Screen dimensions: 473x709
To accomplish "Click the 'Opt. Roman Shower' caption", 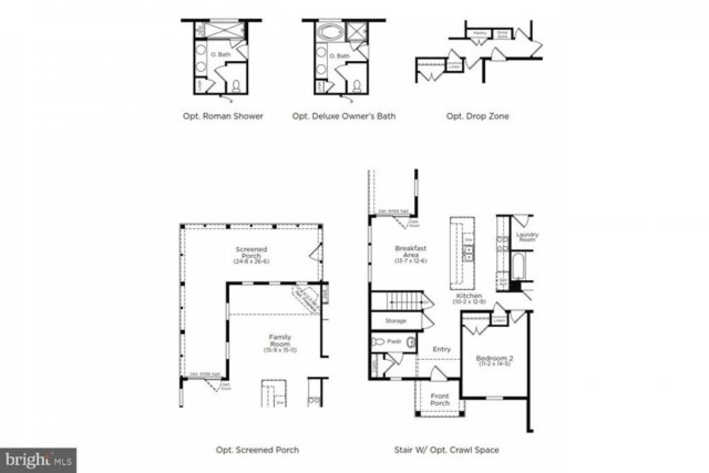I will pos(223,116).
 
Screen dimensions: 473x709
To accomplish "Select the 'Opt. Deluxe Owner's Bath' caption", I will pos(344,116).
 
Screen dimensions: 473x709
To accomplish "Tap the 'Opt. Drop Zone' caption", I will pos(477,116).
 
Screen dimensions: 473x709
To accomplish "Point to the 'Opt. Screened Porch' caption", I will pos(257,450).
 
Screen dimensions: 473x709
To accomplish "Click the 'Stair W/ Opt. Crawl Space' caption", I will pos(446,450).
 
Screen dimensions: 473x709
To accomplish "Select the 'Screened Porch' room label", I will pos(251,254).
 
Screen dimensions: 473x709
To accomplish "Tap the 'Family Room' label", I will pos(280,341).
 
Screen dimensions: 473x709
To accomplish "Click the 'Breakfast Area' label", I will pos(411,252).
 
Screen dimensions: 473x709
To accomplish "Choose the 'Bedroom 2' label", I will pos(493,359).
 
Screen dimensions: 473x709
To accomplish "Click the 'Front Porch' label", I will pos(440,400).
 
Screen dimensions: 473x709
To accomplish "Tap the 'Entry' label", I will pos(441,349).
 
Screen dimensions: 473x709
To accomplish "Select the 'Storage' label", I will pos(396,321).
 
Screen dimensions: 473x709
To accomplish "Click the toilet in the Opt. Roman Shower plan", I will pos(236,87).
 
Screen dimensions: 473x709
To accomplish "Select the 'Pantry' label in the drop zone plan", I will pos(480,33).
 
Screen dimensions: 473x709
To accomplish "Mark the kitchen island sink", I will pos(469,253).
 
